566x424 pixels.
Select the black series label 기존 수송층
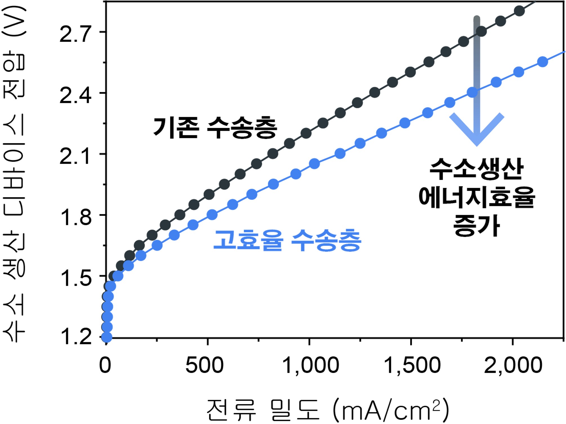[x=215, y=128]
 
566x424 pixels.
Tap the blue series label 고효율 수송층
[x=287, y=240]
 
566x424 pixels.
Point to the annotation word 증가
[x=476, y=225]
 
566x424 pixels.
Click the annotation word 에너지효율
[x=476, y=197]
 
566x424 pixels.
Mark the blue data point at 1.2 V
[x=107, y=337]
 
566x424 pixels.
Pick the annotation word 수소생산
[x=476, y=169]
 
